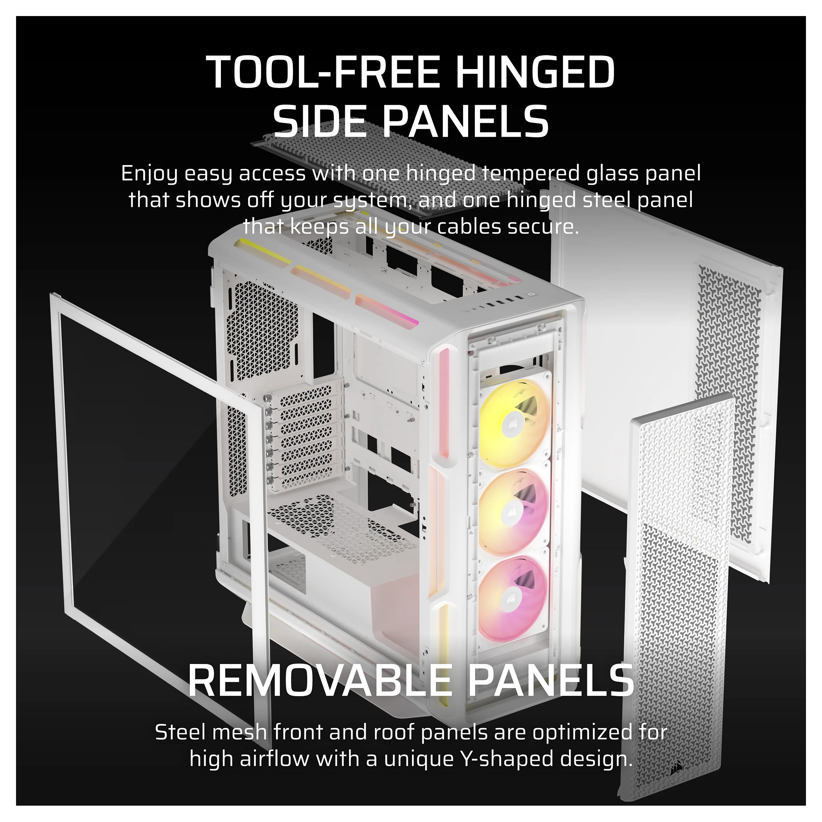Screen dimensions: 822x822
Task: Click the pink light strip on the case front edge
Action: coord(444,402)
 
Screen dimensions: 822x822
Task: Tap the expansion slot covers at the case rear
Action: coord(304,434)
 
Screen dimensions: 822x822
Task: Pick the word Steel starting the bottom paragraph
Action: coord(183,732)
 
